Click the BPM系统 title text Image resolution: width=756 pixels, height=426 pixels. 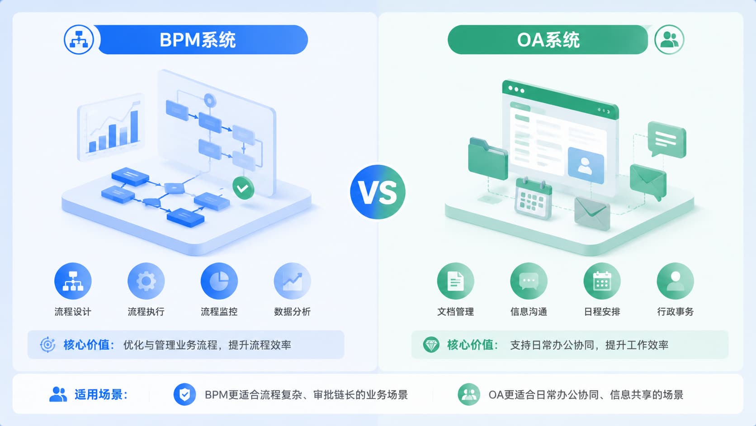coord(198,40)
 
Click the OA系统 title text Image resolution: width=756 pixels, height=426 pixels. coord(548,40)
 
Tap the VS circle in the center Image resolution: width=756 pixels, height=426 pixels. coord(378,192)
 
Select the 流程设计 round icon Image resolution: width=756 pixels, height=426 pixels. coord(73,281)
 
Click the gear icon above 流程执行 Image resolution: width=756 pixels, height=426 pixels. coord(146,281)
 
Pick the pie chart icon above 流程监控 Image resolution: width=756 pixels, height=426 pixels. coord(219,281)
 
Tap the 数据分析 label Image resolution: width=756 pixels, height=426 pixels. coord(292,311)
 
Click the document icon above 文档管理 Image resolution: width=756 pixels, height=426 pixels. coord(456,281)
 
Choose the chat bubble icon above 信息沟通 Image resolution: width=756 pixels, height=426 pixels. coord(529,281)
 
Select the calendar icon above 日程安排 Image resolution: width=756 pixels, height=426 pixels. coord(602,281)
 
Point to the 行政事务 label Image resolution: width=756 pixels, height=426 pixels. coord(676,311)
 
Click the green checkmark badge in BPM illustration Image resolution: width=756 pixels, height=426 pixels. coord(243,188)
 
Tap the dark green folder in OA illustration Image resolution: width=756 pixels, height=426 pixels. coord(488,159)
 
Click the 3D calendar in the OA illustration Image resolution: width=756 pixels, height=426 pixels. coord(533,199)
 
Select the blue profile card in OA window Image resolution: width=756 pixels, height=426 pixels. coord(586,166)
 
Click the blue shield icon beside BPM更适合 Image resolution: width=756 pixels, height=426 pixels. coord(184,394)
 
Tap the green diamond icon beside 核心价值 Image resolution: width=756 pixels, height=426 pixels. coord(431,345)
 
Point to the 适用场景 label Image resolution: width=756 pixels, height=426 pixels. coord(101,395)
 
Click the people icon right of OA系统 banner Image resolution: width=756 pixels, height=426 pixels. coord(669,39)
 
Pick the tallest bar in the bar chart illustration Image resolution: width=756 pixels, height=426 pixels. coord(134,127)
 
